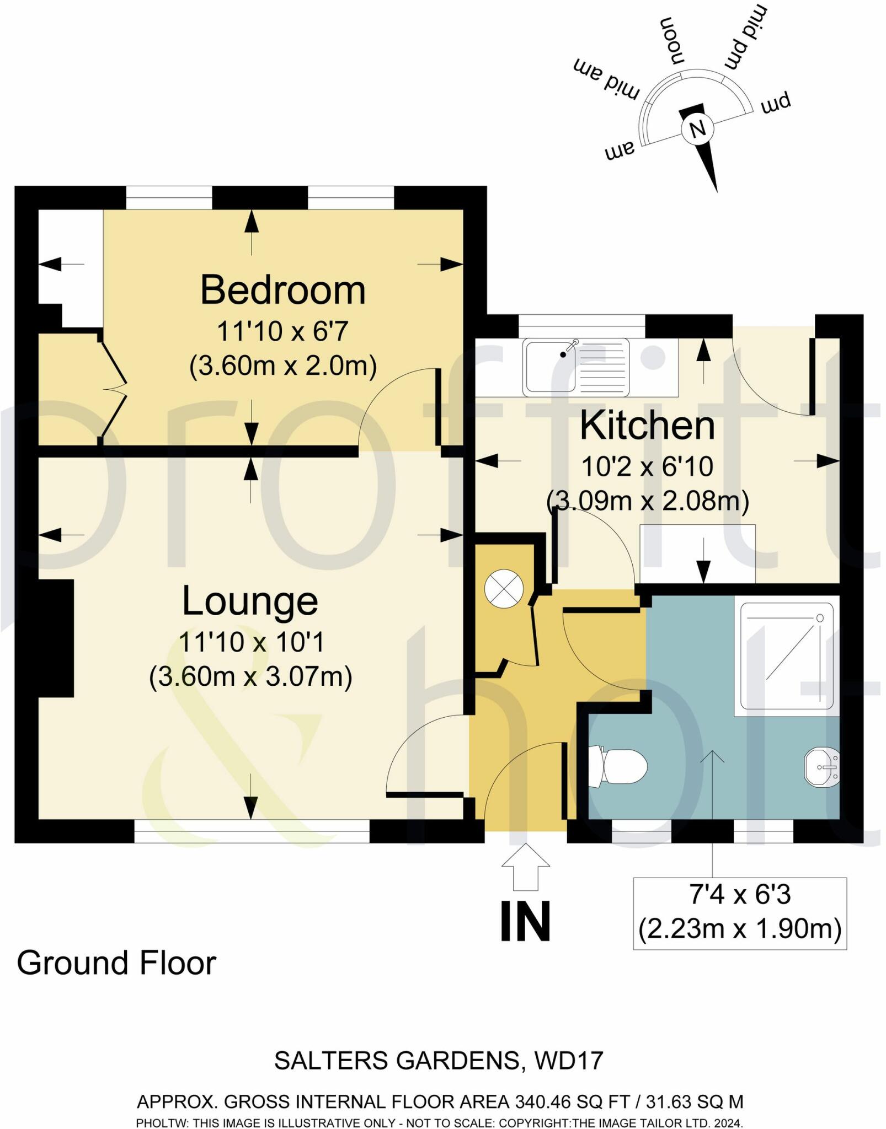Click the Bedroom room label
(x=282, y=291)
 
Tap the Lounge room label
(x=250, y=601)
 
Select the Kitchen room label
(x=647, y=426)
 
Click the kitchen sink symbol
(x=577, y=367)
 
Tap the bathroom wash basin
(x=822, y=767)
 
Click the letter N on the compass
(x=698, y=129)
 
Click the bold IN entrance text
(x=525, y=922)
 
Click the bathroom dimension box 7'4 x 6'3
(x=739, y=912)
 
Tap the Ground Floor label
(x=116, y=964)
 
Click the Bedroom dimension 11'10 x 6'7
(x=282, y=332)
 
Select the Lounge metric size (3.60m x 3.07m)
(x=250, y=677)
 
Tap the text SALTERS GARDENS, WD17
(x=439, y=1061)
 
